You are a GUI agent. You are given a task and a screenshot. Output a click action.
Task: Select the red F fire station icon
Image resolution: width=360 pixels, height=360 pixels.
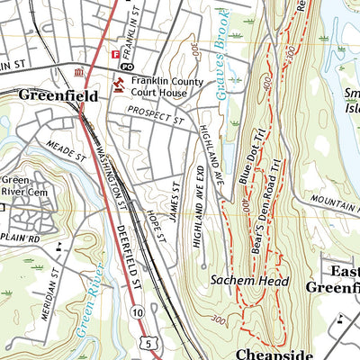click(114, 55)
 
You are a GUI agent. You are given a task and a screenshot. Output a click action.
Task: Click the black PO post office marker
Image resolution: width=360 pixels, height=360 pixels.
click(127, 67)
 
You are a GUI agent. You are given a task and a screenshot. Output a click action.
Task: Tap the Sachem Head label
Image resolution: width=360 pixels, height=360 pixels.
click(249, 282)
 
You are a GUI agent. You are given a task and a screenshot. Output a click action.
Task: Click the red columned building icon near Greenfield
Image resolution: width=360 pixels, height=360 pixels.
click(81, 72)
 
